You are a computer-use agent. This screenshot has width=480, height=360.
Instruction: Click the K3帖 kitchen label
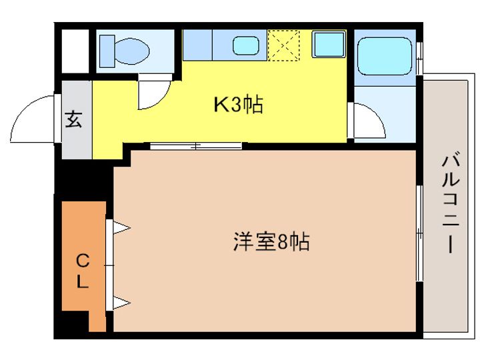[x=237, y=104]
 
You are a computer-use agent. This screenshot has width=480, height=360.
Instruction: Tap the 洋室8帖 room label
[x=271, y=241]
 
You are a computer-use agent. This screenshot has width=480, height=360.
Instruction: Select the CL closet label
[x=81, y=270]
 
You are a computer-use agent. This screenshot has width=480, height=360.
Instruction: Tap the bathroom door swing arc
[x=370, y=121]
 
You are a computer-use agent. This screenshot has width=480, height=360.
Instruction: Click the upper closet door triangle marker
[x=121, y=228]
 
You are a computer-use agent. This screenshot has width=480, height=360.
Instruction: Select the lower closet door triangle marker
[x=121, y=303]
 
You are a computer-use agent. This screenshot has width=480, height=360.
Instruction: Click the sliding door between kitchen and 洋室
[x=195, y=145]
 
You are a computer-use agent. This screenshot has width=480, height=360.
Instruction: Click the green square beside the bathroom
[x=328, y=45]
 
